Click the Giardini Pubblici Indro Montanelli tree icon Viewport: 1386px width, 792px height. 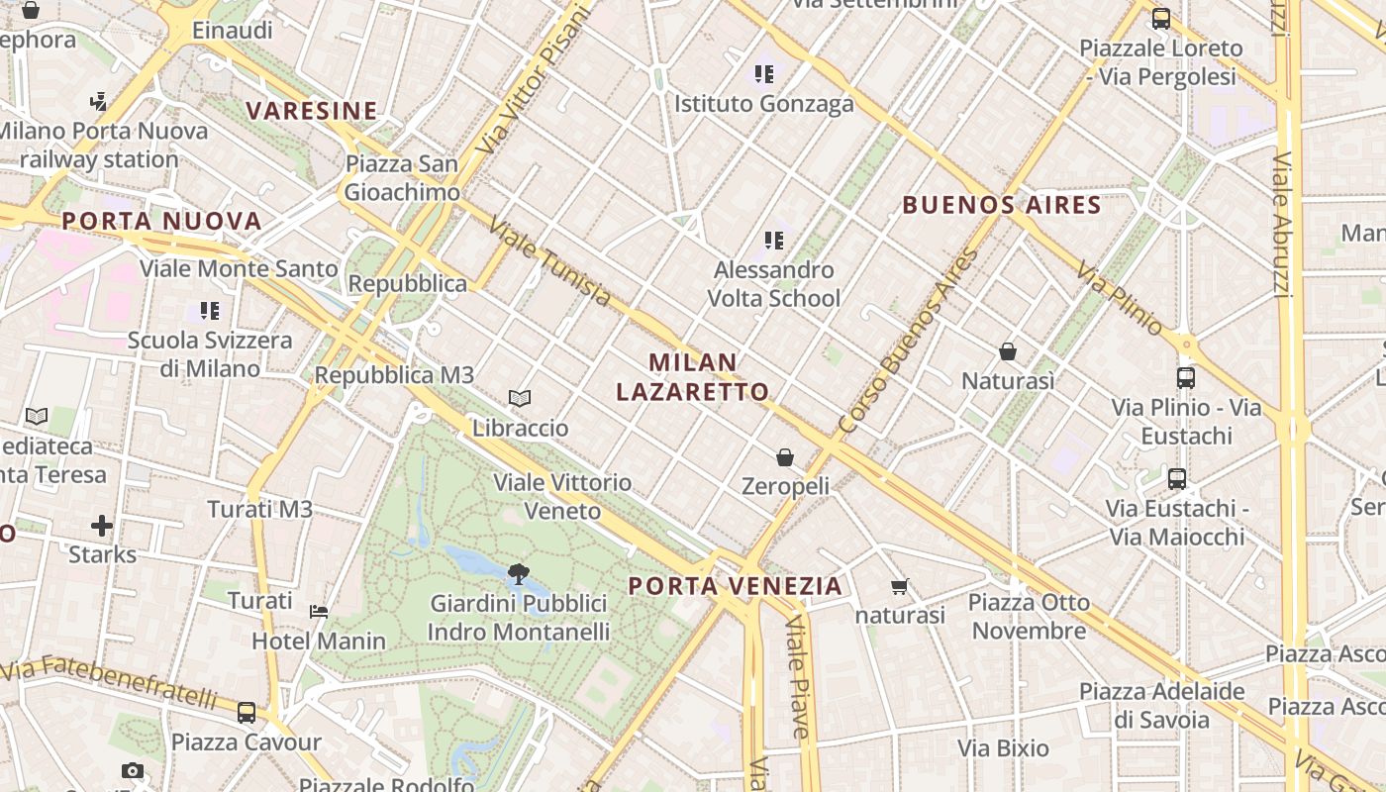517,573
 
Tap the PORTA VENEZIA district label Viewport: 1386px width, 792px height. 736,586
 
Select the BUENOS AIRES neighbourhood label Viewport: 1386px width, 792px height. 1002,205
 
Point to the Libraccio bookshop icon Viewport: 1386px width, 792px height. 520,399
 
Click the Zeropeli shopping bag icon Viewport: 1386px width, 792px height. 785,457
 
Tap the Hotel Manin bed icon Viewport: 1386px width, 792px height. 319,612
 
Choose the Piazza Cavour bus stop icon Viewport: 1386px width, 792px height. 247,712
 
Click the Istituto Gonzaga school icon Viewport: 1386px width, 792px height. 763,73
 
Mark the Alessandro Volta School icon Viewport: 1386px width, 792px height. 774,240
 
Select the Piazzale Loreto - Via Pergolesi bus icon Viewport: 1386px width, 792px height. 1161,18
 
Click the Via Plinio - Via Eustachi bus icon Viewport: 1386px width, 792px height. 1185,377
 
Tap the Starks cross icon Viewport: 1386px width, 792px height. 102,525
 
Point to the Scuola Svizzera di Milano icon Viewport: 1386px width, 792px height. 209,311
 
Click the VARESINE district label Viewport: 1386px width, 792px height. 312,110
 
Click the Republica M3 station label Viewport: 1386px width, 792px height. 394,375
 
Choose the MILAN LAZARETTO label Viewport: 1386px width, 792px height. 693,376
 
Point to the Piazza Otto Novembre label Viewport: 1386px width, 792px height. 1029,616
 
